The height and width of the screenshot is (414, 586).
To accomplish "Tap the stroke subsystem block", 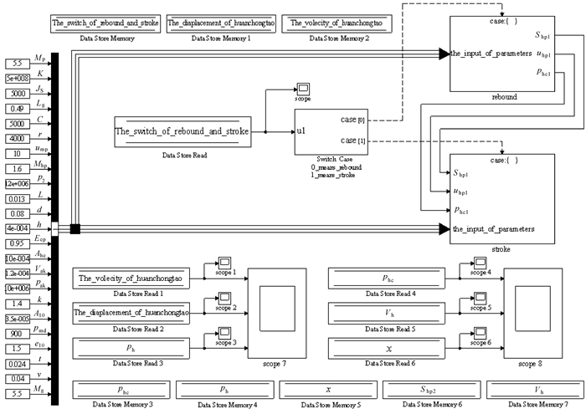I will point(503,198).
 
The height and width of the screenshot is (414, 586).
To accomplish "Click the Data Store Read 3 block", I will point(131,346).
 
